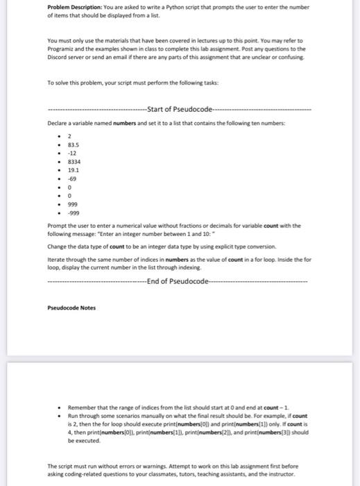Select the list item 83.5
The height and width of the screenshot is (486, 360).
click(72, 145)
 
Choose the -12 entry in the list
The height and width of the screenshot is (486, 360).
click(71, 153)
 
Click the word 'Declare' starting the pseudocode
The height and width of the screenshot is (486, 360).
click(58, 123)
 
